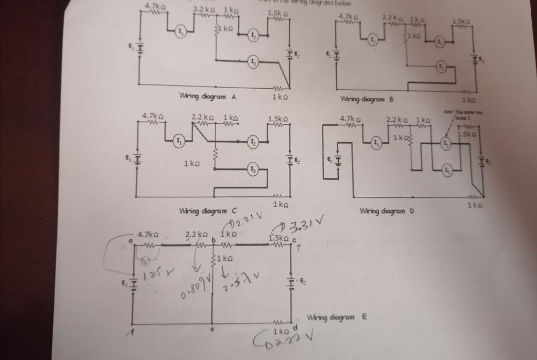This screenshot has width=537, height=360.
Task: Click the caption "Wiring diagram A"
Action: click(x=208, y=97)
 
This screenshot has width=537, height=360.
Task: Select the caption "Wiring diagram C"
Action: click(x=208, y=211)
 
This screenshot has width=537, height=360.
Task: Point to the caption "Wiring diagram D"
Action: click(x=387, y=211)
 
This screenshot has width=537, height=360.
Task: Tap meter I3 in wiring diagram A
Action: click(x=253, y=62)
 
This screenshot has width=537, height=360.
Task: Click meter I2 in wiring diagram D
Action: click(x=446, y=170)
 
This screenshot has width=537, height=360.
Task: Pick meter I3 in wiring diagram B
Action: click(x=441, y=66)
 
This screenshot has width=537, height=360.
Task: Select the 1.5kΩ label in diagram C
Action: click(x=277, y=119)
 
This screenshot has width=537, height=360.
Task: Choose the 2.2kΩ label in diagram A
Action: click(x=203, y=9)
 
